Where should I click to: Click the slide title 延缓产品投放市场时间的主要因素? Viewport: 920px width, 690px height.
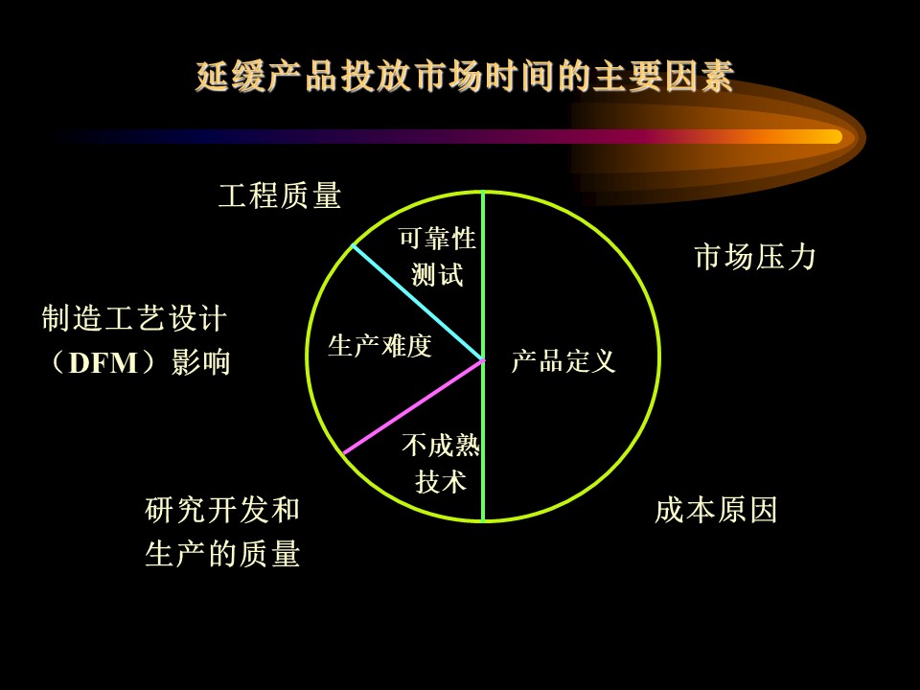point(465,77)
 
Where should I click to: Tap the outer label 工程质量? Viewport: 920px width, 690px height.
point(280,195)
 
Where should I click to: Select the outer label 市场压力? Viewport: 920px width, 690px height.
point(755,257)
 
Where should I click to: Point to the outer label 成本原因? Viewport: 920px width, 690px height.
point(716,509)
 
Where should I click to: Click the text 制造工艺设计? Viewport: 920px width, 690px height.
point(134,319)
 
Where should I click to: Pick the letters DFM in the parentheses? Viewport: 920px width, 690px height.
point(103,363)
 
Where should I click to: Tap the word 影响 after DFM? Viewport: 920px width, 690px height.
point(200,362)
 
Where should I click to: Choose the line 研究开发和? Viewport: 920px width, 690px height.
point(222,509)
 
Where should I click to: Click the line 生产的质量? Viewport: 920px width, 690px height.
point(222,553)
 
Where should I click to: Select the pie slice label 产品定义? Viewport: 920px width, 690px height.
point(563,361)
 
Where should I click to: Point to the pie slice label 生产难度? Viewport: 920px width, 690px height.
point(380,346)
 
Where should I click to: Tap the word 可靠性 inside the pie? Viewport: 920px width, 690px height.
point(438,239)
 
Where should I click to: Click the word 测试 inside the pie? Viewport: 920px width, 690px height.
point(438,275)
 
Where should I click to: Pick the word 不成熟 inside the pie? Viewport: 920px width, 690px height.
point(441,446)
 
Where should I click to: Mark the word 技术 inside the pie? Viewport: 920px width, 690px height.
point(441,482)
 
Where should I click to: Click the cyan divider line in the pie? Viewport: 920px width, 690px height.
point(417,302)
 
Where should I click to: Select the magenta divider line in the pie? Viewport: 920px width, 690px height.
point(414,406)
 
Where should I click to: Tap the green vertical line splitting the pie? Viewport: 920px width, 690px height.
point(483,356)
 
